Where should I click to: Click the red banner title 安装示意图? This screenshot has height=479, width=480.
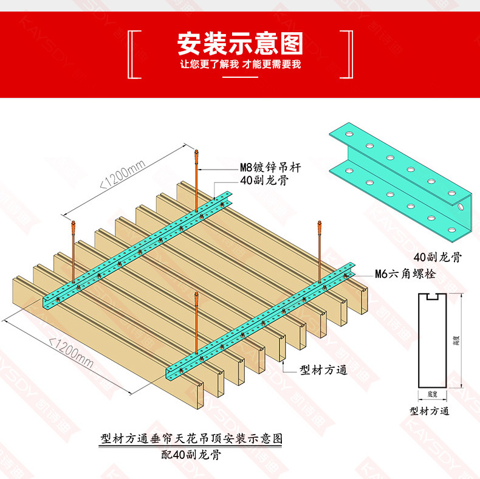[x=239, y=43]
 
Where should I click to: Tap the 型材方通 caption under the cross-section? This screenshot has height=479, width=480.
[x=430, y=411]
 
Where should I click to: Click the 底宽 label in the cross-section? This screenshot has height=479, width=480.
[x=433, y=394]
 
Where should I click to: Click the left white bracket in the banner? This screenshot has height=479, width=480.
[x=133, y=54]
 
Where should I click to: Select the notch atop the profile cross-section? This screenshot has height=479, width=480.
[x=433, y=298]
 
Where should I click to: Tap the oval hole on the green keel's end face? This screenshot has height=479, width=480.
[x=462, y=207]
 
